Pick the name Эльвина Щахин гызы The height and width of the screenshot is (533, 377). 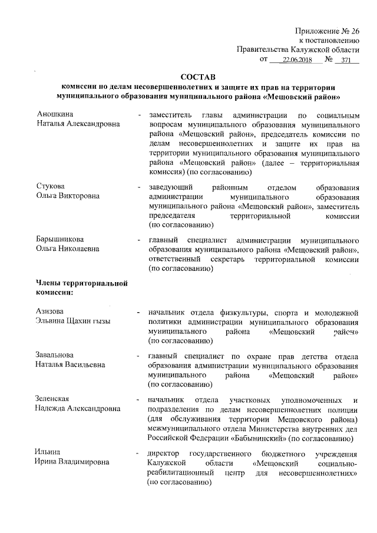click(x=74, y=320)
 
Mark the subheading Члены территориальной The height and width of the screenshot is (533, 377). click(x=82, y=284)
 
